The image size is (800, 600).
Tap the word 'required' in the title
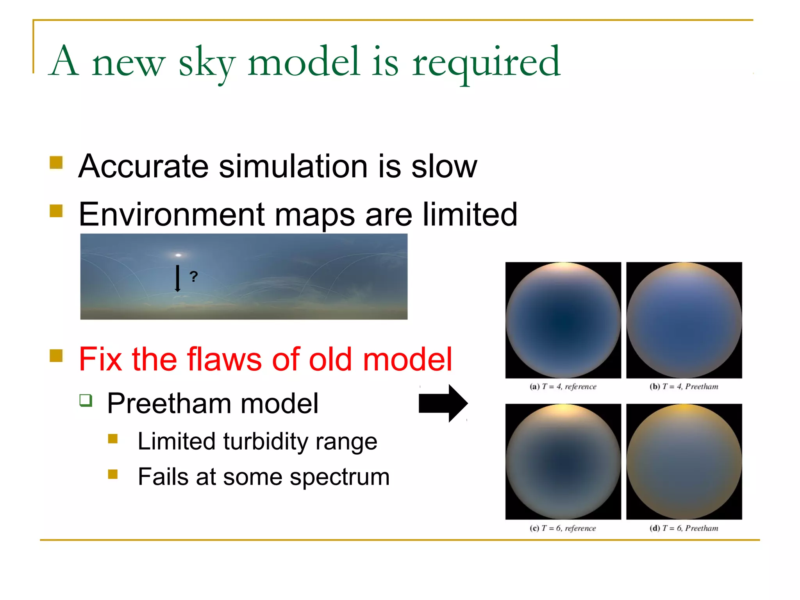pyautogui.click(x=486, y=62)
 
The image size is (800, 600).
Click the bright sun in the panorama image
pyautogui.click(x=178, y=255)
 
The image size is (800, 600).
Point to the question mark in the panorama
pyautogui.click(x=194, y=277)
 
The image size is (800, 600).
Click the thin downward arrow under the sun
pyautogui.click(x=177, y=278)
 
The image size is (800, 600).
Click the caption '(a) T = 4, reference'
pyautogui.click(x=563, y=387)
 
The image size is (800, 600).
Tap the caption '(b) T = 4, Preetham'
pyautogui.click(x=684, y=387)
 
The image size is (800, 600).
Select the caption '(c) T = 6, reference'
pyautogui.click(x=563, y=529)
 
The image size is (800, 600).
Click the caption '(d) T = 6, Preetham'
pyautogui.click(x=684, y=529)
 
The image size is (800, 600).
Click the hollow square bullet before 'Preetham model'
pyautogui.click(x=86, y=400)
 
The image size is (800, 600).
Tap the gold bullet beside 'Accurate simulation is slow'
pyautogui.click(x=56, y=162)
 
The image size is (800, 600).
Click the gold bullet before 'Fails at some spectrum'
pyautogui.click(x=113, y=474)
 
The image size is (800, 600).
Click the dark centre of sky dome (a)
pyautogui.click(x=563, y=320)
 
